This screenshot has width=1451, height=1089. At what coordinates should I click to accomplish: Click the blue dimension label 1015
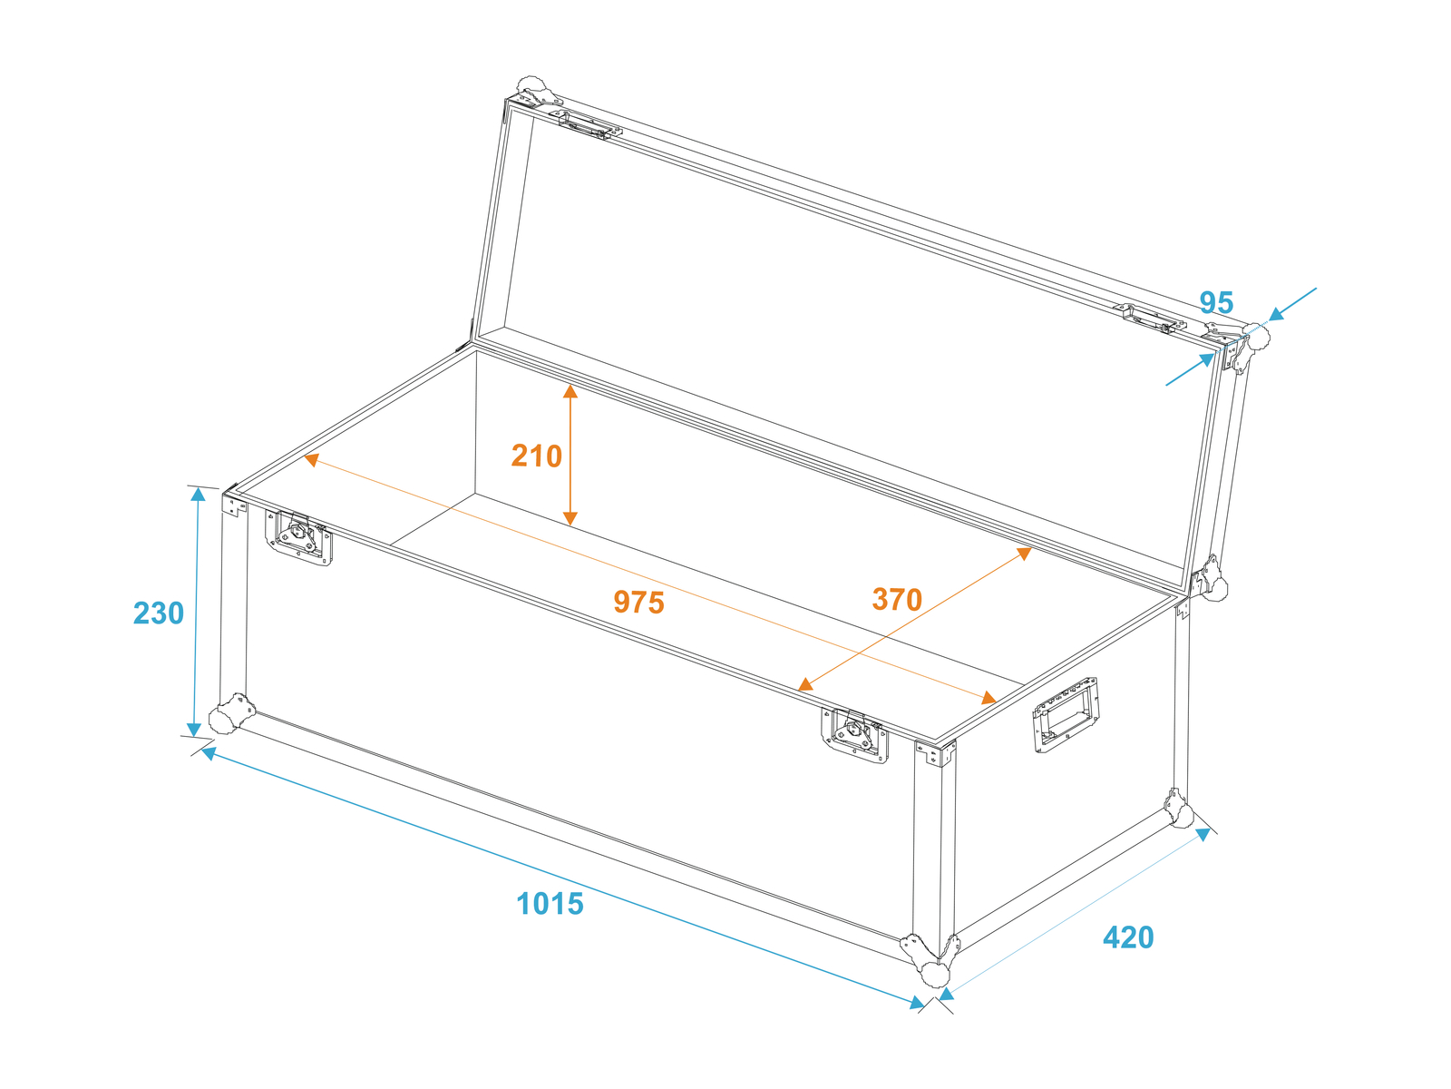[550, 903]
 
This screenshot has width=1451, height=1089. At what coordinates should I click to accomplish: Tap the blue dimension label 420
[1128, 937]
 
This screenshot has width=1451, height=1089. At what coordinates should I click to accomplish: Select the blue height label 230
[159, 613]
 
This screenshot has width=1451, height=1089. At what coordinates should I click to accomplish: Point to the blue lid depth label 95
[1216, 302]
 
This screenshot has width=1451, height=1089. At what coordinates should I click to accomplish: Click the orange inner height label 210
[536, 456]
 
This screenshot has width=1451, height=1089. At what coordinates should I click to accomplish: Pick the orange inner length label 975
[638, 602]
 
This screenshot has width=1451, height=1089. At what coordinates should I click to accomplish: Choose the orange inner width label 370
[897, 599]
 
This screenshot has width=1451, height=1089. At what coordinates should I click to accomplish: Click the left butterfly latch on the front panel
[298, 537]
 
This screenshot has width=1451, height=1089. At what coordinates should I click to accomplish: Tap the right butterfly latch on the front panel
[854, 735]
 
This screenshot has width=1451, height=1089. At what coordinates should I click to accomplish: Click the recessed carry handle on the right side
[1066, 715]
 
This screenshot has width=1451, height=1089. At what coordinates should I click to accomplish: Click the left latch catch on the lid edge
[589, 125]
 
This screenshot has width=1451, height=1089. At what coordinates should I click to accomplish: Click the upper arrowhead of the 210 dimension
[570, 391]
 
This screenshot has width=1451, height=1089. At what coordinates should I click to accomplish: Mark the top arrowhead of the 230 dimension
[198, 494]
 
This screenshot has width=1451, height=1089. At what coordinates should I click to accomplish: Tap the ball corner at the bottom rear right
[1178, 808]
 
